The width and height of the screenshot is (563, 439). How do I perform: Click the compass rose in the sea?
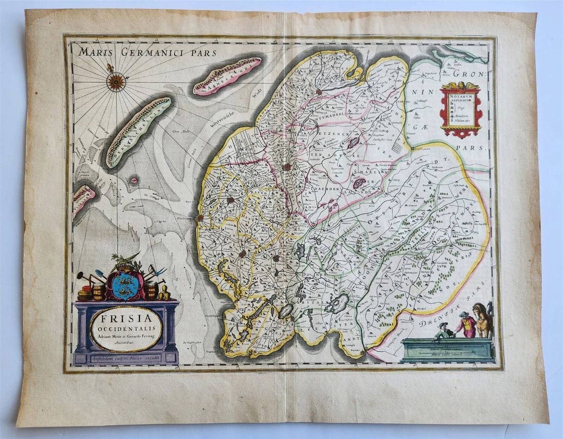click(x=116, y=81)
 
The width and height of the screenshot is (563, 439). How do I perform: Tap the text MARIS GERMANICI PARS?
click(x=148, y=52)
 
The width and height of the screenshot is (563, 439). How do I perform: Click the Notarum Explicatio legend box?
click(x=460, y=108)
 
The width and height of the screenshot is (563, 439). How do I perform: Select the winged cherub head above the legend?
click(x=460, y=86)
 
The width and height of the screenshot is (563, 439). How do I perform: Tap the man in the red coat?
click(x=466, y=325)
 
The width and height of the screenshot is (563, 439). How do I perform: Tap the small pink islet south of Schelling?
click(x=135, y=180)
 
